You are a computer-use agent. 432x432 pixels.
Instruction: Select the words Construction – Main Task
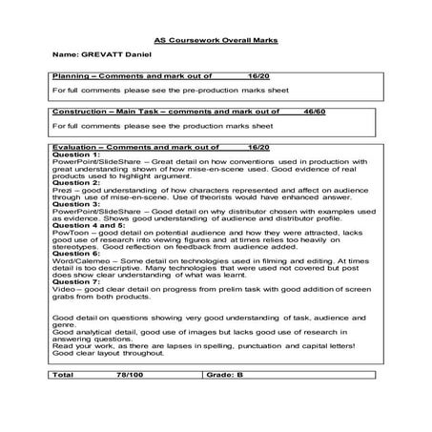[107, 113]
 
